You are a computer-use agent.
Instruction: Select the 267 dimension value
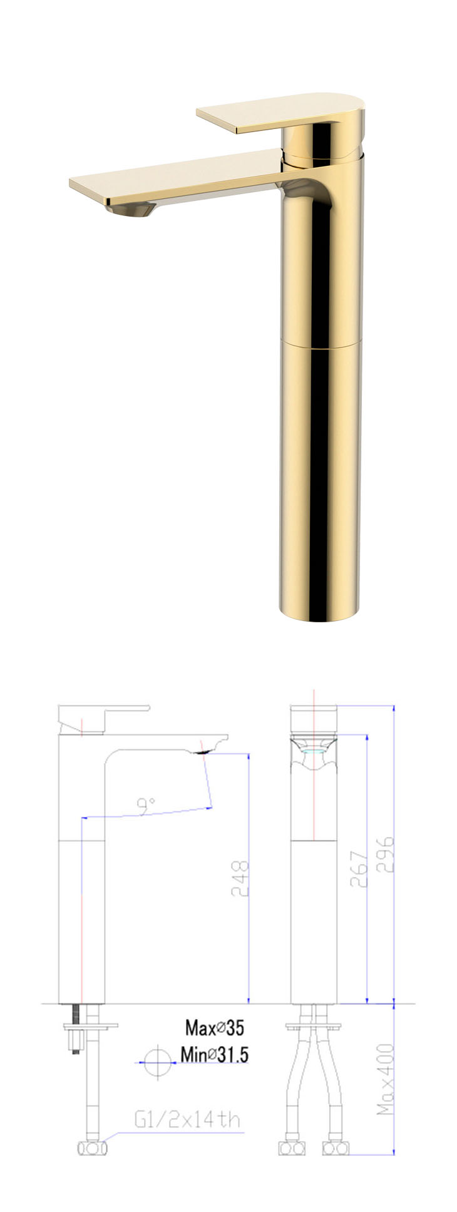click(358, 868)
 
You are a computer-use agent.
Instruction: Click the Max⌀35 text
click(214, 1027)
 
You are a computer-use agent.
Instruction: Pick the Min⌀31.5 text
click(214, 1054)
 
